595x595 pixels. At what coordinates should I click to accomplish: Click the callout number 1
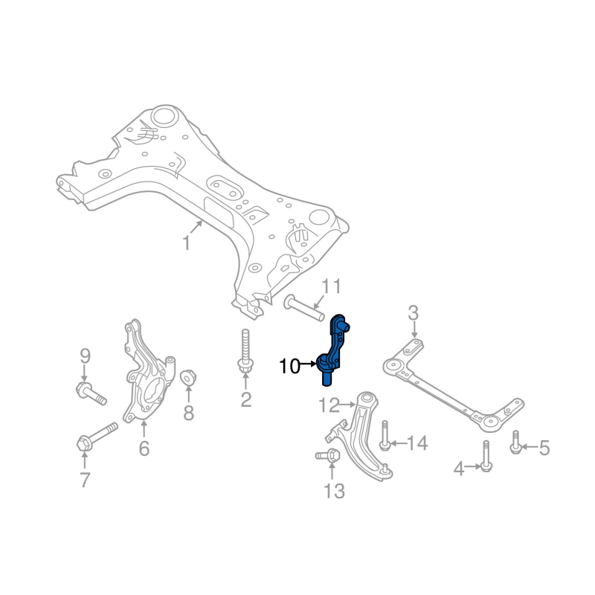click(187, 243)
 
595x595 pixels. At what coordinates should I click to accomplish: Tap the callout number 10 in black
click(289, 366)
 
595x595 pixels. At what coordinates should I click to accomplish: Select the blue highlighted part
click(333, 350)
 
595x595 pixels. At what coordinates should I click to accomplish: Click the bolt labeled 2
click(245, 350)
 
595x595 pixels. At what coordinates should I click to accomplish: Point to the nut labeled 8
click(188, 378)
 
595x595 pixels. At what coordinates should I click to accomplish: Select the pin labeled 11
click(304, 308)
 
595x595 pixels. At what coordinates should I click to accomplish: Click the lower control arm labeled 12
click(361, 437)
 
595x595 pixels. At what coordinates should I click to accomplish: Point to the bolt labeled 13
click(328, 455)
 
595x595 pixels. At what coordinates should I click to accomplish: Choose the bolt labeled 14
click(385, 436)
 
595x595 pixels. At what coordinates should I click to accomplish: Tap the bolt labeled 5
click(515, 442)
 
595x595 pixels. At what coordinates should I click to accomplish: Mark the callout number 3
click(414, 313)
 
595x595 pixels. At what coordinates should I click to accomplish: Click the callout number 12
click(329, 405)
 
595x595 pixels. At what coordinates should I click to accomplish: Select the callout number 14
click(417, 443)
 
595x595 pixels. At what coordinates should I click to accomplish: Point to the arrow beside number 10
click(308, 364)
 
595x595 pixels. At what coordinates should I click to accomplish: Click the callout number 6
click(144, 448)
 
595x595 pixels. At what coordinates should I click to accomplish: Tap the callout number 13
click(334, 492)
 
